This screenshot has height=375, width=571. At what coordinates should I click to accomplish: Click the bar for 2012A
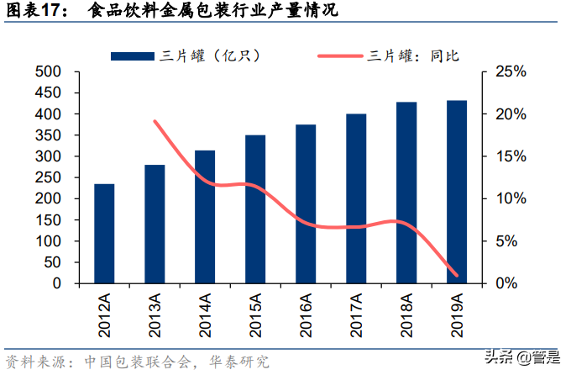[x=104, y=234]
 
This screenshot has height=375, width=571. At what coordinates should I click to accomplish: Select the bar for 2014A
[x=205, y=217]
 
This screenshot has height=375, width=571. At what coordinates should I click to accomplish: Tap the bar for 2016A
[x=306, y=204]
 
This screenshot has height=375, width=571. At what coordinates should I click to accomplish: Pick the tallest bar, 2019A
[x=457, y=193]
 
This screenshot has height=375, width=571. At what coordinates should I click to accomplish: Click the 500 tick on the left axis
[x=48, y=71]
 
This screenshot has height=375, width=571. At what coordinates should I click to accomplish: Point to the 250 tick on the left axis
[x=48, y=177]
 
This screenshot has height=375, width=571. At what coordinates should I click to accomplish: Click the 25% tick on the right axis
[x=510, y=71]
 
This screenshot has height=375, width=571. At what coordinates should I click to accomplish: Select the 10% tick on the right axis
[x=510, y=198]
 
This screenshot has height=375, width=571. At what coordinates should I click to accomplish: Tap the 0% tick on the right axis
[x=506, y=283]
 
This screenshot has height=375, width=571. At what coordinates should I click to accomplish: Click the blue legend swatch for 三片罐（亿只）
[x=134, y=55]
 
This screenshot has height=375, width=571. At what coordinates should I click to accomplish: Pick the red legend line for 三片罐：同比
[x=339, y=55]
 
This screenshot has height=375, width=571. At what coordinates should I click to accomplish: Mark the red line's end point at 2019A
[x=457, y=275]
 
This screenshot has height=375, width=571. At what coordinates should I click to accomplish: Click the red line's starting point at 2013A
[x=155, y=121]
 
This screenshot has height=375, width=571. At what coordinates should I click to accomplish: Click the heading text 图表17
[x=33, y=13]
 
